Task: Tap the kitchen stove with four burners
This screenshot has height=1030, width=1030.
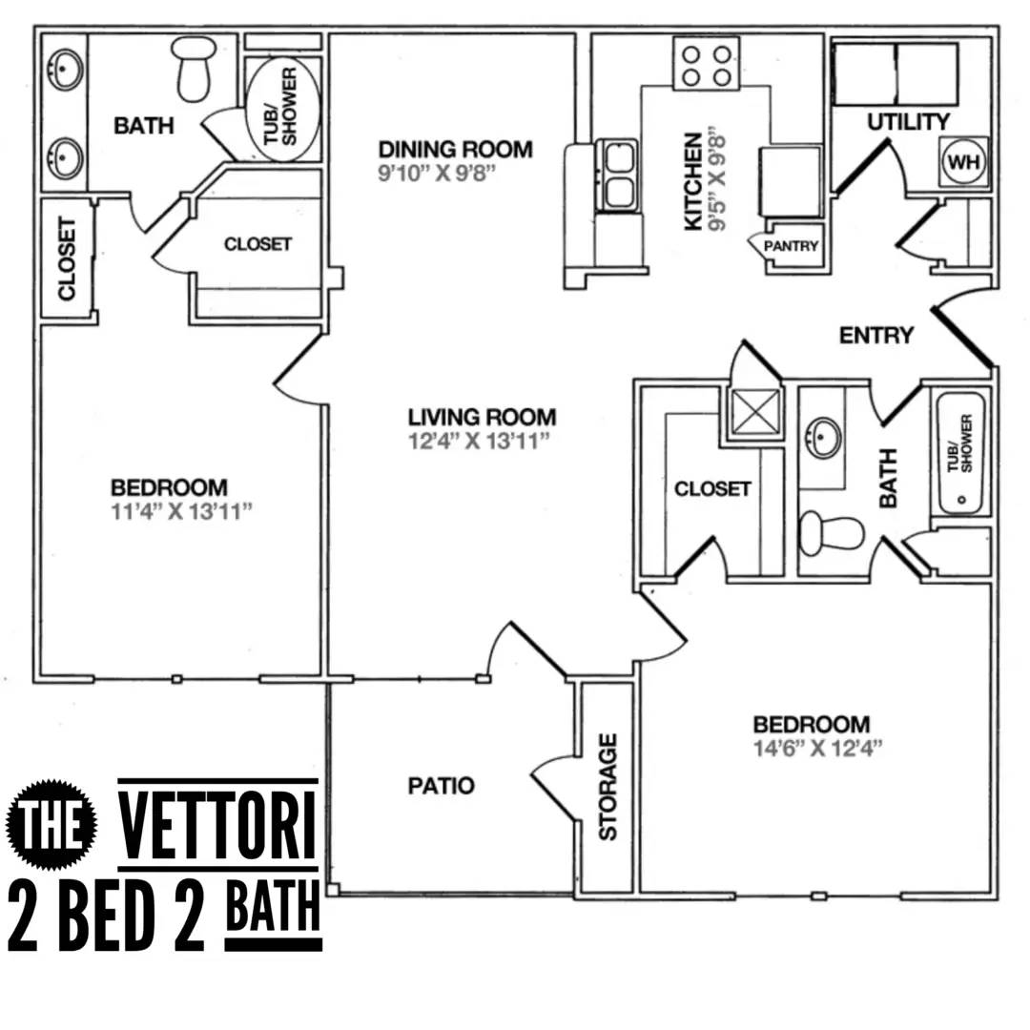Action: pos(706,63)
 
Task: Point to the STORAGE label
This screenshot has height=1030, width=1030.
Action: pos(608,787)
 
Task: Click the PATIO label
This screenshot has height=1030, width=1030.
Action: pos(441,786)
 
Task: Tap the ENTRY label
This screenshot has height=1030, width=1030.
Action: pos(875,336)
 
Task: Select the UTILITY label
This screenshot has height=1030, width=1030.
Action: pos(908,122)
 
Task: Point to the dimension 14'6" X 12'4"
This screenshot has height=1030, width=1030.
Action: pos(811,747)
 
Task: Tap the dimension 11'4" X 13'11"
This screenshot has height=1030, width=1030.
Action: pos(181,510)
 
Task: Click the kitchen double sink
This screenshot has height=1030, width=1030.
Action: pos(617,174)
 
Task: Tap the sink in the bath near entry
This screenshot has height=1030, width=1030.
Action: pos(822,438)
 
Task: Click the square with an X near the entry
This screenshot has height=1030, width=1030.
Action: pos(753,414)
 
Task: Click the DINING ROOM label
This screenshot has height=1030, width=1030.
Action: pos(455,150)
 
